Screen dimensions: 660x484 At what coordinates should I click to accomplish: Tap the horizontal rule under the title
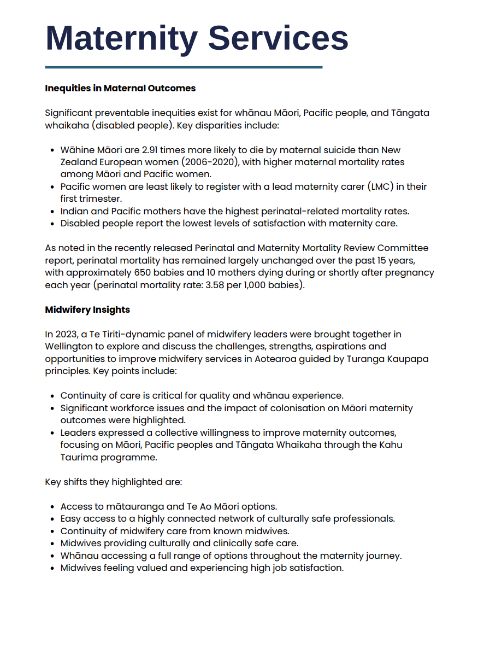184,67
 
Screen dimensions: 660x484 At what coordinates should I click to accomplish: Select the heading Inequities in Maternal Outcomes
120,88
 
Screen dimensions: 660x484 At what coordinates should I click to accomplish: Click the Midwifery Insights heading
87,309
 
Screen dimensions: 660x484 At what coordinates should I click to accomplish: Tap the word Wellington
69,346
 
